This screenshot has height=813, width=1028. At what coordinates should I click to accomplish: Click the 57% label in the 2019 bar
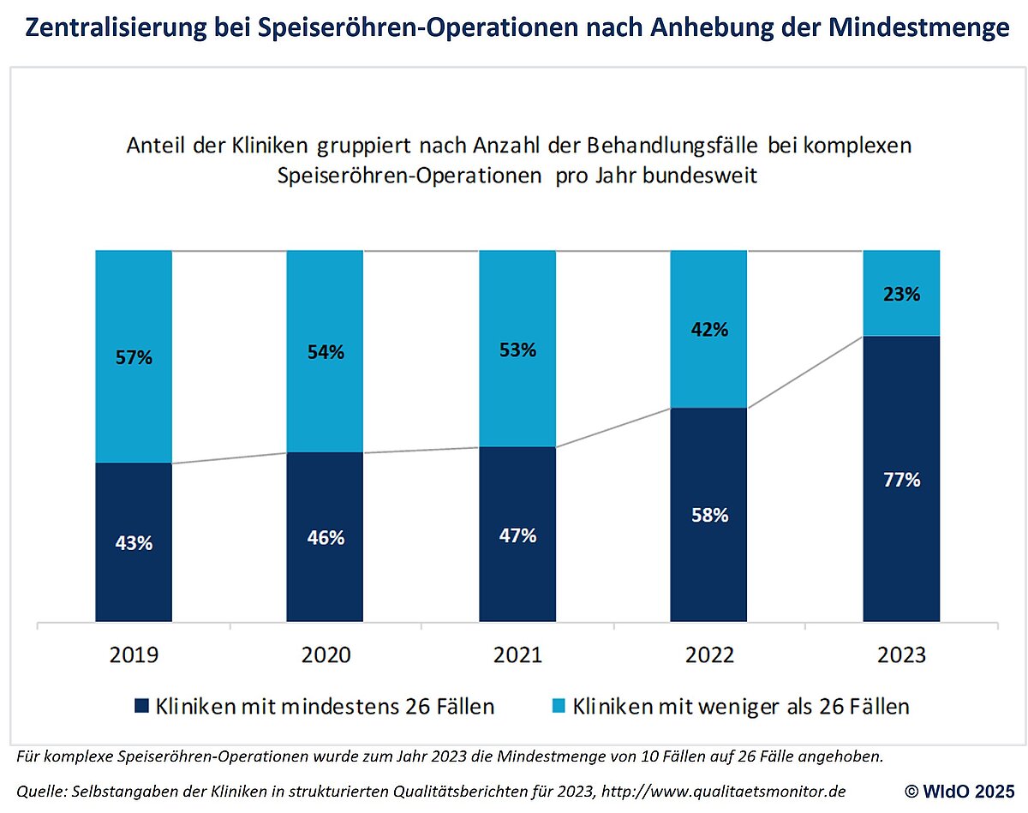coord(134,358)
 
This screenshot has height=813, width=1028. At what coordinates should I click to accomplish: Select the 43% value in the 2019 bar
coord(134,543)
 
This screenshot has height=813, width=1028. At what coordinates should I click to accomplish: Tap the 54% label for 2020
coord(326,352)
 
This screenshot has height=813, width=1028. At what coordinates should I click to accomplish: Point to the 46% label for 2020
coord(326,538)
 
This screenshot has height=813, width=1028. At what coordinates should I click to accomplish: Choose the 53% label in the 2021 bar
coord(517,350)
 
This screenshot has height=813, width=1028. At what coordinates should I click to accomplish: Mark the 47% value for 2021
coord(517,535)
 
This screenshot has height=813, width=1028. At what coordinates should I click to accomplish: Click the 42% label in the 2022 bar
coord(709,330)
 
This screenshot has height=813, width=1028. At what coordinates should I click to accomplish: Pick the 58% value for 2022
coord(709,516)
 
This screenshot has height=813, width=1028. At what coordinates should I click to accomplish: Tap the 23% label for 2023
coord(901,295)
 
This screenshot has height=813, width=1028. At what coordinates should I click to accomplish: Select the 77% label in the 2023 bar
coord(901,480)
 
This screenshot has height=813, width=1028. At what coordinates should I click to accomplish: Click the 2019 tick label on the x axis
coord(134,655)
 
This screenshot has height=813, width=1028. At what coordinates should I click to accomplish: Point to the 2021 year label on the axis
coord(517,655)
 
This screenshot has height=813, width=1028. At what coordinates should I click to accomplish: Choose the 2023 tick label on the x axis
coord(901,655)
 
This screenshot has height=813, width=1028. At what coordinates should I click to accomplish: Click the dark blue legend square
coord(141,707)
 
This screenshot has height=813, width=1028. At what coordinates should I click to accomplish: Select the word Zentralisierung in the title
coord(106,28)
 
